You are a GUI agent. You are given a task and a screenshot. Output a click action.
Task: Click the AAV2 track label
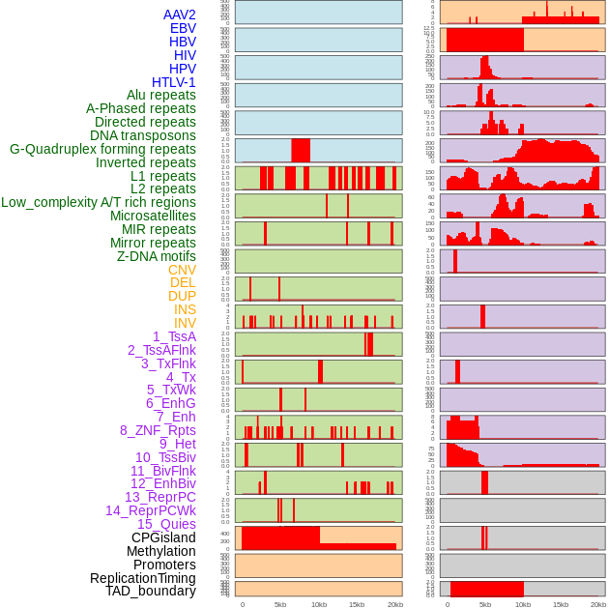(179, 14)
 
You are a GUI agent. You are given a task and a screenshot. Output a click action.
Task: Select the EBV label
(183, 28)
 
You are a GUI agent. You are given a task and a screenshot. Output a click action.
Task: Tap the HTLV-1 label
(173, 82)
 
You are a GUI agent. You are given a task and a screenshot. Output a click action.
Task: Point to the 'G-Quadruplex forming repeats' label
(102, 149)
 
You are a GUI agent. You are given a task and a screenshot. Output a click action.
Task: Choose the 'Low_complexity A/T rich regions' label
(98, 202)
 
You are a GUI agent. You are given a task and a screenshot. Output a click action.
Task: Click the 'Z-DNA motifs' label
(156, 256)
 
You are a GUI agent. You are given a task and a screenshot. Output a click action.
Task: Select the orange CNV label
(182, 270)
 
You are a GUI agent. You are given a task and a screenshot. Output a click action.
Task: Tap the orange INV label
(185, 323)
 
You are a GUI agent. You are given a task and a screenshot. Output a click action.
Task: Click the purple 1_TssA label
(174, 336)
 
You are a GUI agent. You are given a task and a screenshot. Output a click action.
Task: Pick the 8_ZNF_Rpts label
(158, 430)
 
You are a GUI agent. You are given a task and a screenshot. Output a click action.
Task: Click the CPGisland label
(163, 537)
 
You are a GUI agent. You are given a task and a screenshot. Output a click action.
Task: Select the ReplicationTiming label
(142, 578)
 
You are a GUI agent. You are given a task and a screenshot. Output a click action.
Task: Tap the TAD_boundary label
(150, 591)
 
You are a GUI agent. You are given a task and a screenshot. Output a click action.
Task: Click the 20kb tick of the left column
(394, 604)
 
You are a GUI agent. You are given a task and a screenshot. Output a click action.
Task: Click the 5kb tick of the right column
(485, 604)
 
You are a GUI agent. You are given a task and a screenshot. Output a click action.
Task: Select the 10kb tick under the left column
(318, 604)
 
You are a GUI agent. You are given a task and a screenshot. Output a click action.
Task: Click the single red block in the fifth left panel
(301, 151)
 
